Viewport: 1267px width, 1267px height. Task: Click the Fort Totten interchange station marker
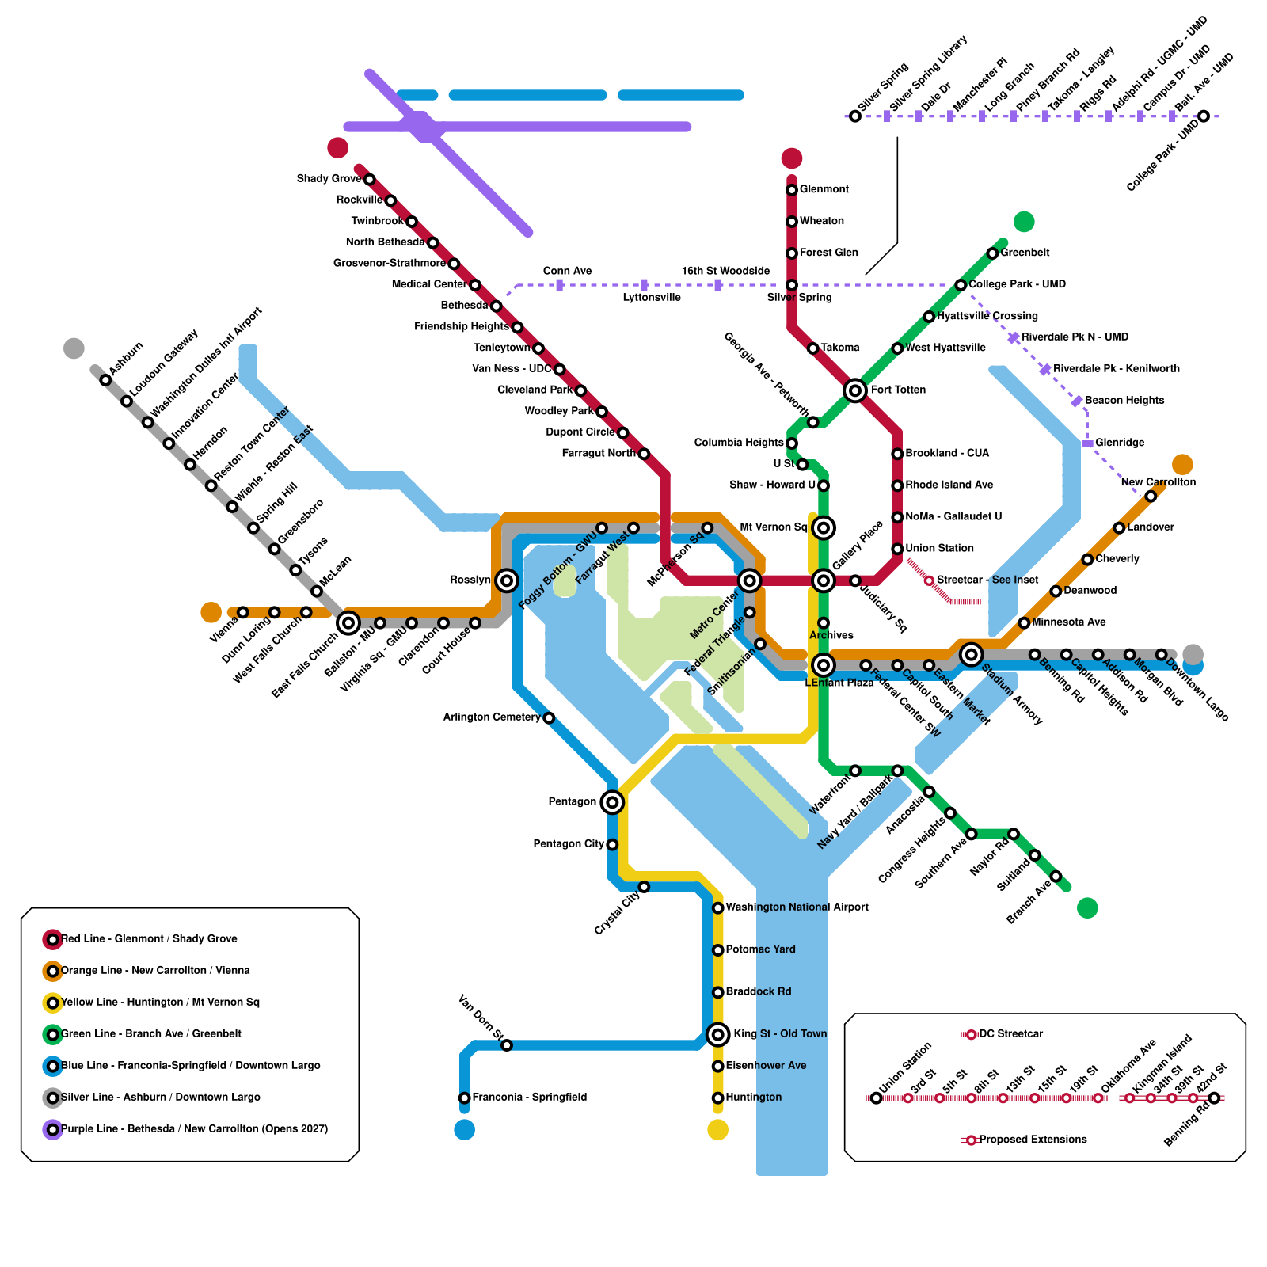click(x=854, y=390)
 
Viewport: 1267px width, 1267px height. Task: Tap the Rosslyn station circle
click(x=507, y=580)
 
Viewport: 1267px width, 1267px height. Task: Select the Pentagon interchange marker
click(x=611, y=802)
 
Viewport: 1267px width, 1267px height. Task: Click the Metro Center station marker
click(x=749, y=580)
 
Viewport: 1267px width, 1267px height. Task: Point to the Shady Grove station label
click(x=329, y=179)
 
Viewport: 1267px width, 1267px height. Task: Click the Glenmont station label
click(x=824, y=189)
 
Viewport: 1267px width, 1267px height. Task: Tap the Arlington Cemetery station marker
click(x=549, y=718)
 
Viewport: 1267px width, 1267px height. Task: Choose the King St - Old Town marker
click(x=717, y=1034)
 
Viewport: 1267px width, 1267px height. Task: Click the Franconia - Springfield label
click(x=529, y=1098)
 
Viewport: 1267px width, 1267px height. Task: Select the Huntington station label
click(x=753, y=1098)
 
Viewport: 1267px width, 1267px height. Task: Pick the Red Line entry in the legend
click(x=149, y=939)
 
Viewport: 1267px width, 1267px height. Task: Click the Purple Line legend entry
click(x=194, y=1129)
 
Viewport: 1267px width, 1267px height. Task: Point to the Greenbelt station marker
click(x=992, y=253)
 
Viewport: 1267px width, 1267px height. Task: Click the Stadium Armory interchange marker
click(x=971, y=654)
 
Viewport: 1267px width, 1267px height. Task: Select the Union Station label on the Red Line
click(x=939, y=548)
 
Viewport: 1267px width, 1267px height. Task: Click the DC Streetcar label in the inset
click(x=1010, y=1034)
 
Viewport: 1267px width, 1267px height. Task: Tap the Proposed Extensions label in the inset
click(x=1033, y=1140)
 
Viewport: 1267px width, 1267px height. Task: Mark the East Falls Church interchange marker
click(x=348, y=623)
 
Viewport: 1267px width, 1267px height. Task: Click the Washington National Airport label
click(x=797, y=907)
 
